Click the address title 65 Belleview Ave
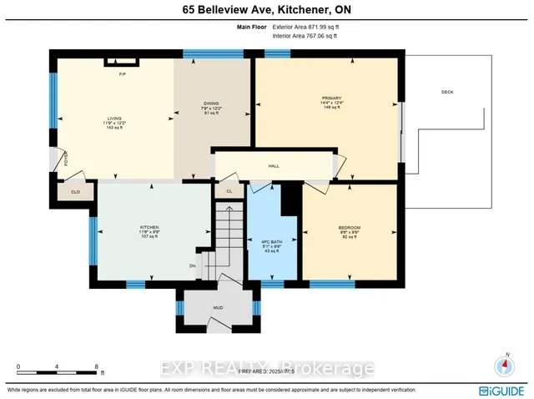point(266,10)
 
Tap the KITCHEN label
point(149,227)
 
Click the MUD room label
point(218,308)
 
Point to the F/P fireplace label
point(122,74)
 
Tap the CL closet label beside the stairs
point(228,191)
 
